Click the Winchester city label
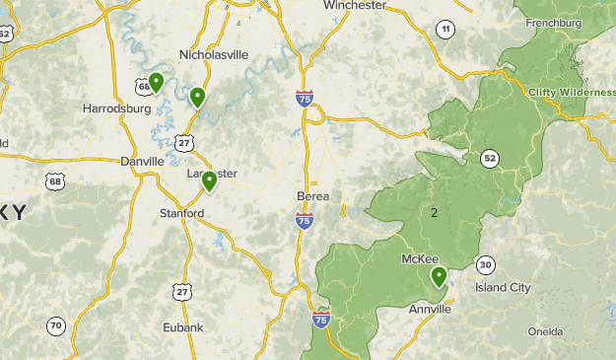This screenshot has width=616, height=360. click(x=355, y=5)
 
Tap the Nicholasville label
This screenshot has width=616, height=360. click(x=213, y=54)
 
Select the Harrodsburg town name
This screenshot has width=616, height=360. click(x=116, y=108)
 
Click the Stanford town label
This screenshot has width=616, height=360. click(x=181, y=213)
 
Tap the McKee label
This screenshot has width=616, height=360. click(x=420, y=258)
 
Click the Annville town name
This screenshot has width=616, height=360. click(x=430, y=309)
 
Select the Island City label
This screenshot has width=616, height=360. click(x=503, y=287)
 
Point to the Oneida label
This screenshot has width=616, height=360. click(x=545, y=331)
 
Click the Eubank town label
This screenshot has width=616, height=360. click(x=183, y=327)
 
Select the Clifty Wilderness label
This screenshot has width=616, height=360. click(x=572, y=92)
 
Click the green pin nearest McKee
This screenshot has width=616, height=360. click(x=439, y=276)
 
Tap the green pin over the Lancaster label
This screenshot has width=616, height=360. click(x=209, y=180)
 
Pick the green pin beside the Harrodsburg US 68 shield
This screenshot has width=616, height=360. click(x=156, y=82)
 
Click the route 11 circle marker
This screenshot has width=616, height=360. click(x=446, y=30)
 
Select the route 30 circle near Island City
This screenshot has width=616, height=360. click(x=485, y=264)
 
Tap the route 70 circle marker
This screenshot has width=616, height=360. click(x=56, y=326)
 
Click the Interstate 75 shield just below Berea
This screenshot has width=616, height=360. click(x=305, y=222)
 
